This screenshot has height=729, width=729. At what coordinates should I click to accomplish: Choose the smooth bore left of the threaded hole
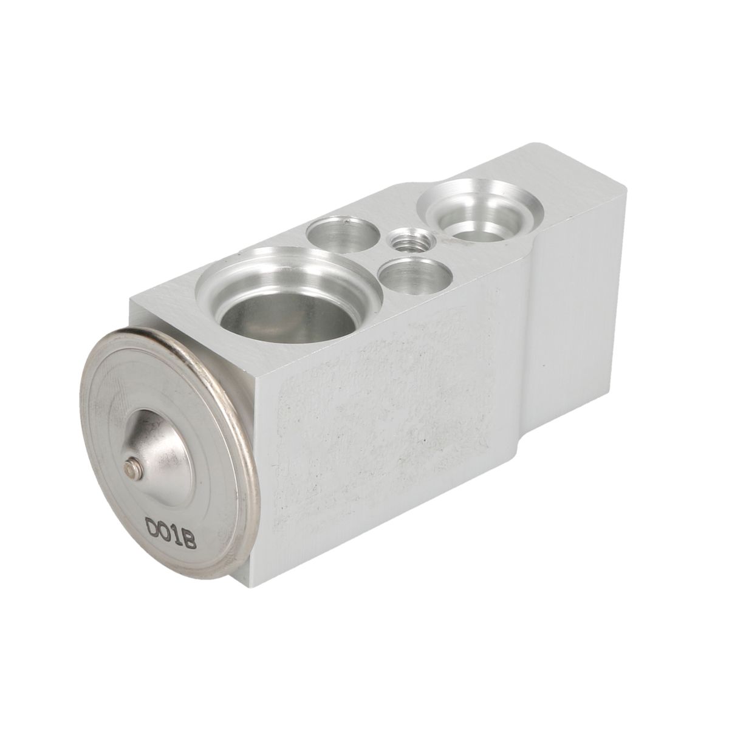(x=343, y=234)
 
